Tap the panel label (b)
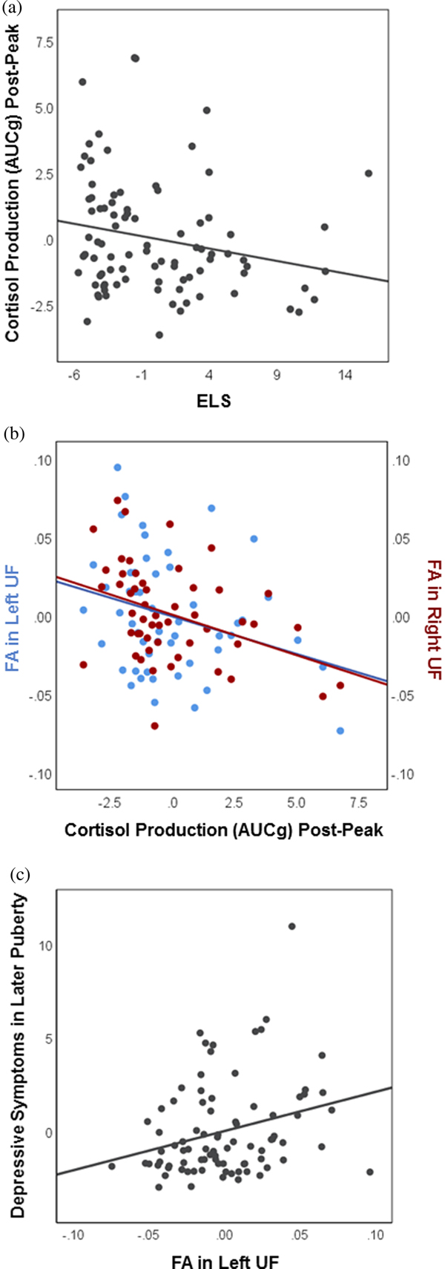pos(13,433)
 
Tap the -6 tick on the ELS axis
pos(73,376)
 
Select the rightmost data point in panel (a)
pos(369,173)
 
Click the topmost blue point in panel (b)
pos(117,468)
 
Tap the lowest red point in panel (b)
pos(154,726)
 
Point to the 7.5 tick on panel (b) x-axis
pos(358,803)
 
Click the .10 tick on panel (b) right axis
pos(400,460)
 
